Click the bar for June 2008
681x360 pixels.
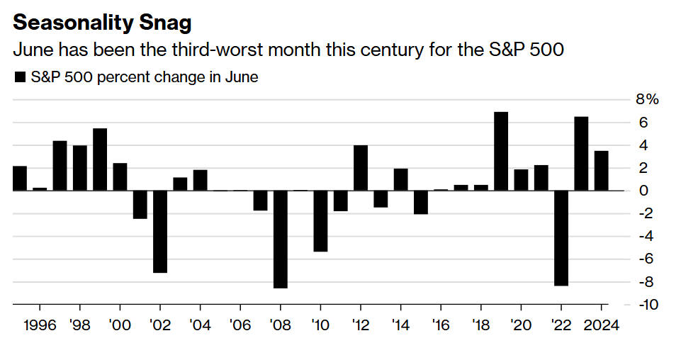(x=280, y=239)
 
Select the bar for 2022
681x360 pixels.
(x=561, y=238)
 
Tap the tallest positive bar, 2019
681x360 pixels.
(x=501, y=151)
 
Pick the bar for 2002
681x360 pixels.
(x=160, y=231)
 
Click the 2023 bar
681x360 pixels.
(x=581, y=154)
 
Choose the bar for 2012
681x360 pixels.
(x=361, y=168)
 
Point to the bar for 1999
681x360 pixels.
(x=100, y=159)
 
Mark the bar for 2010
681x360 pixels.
(x=320, y=220)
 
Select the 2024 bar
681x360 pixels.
(x=601, y=171)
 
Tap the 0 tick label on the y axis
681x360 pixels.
(x=643, y=191)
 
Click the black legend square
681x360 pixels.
(x=19, y=77)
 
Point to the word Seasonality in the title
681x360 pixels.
(x=70, y=23)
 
